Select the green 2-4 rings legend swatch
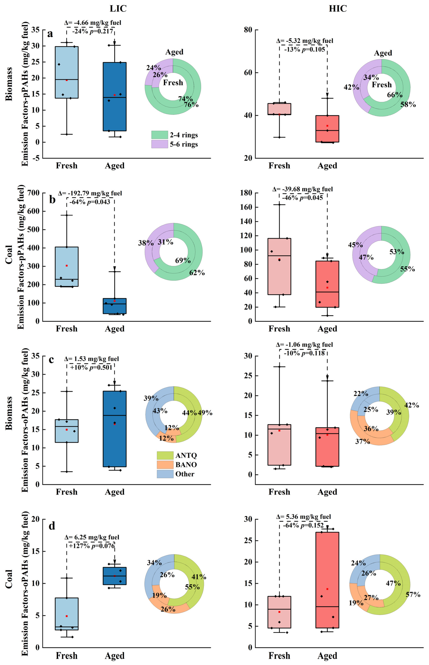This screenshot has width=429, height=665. [160, 135]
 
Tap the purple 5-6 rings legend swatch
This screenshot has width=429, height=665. [160, 144]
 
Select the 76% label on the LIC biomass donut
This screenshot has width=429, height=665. [191, 105]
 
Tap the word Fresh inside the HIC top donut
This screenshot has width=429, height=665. [382, 85]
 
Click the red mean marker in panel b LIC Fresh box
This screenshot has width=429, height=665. [67, 266]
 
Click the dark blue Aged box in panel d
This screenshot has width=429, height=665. [114, 576]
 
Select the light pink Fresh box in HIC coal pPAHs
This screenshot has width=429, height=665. [279, 266]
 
